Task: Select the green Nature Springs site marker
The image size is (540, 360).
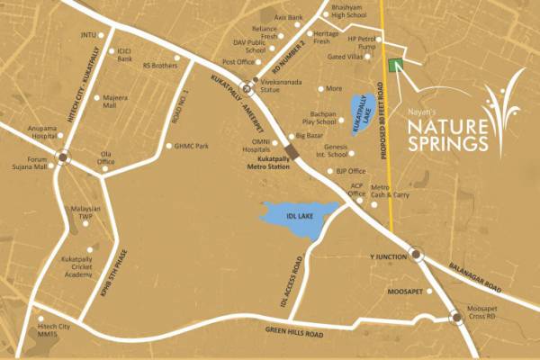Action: (394, 65)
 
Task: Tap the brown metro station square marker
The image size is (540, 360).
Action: (290, 149)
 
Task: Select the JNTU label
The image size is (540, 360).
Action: (87, 36)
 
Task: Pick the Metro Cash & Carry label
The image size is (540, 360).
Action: (390, 190)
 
